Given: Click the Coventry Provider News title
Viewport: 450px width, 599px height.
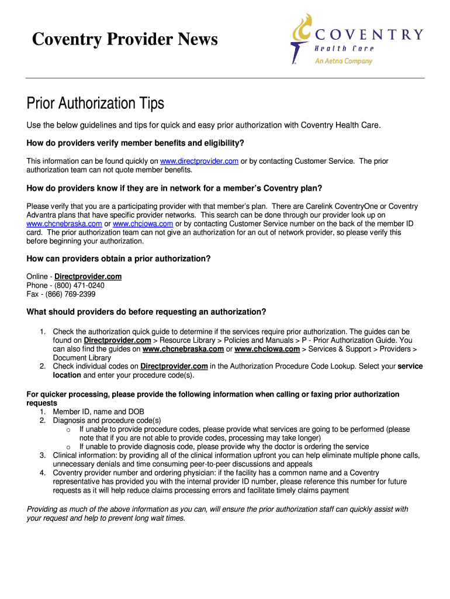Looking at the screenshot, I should click(x=124, y=39).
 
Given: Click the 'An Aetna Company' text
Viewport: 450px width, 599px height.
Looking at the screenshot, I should click(x=344, y=61).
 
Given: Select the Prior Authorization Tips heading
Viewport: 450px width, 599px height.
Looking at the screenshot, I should click(x=95, y=104).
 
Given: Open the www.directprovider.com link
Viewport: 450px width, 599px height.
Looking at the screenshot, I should click(x=199, y=161).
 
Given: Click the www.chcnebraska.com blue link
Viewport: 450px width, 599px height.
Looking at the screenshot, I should click(x=64, y=223).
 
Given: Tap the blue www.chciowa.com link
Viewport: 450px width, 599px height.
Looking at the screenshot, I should click(x=143, y=223).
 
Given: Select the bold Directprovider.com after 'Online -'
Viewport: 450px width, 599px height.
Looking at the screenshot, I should click(x=88, y=277).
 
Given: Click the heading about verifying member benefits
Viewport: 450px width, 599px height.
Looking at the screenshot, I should click(x=135, y=143).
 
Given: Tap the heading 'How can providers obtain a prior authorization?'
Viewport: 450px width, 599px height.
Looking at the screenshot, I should click(x=119, y=259).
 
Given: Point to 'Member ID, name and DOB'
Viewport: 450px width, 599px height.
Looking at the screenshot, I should click(x=98, y=412).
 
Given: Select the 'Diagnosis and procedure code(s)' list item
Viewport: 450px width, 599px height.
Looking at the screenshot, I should click(x=107, y=420).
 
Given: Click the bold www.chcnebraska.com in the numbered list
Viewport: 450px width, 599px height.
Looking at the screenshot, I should click(x=183, y=349).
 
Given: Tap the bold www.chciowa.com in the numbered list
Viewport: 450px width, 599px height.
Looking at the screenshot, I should click(x=267, y=349).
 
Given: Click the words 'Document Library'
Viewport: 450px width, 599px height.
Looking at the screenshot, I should click(x=82, y=358).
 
